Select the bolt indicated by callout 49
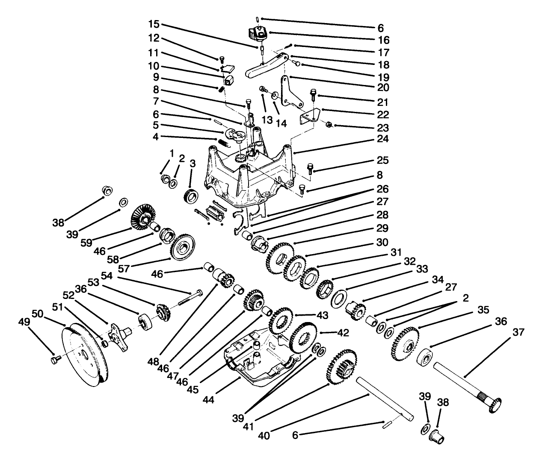click(54, 361)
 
